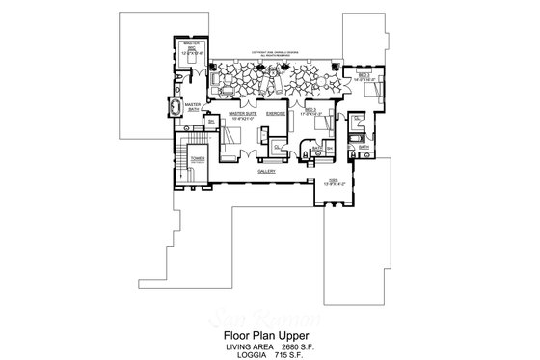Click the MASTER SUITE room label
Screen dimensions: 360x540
[242, 113]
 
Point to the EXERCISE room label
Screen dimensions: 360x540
[277, 113]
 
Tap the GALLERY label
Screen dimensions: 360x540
[267, 171]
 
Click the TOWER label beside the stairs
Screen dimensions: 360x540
[197, 156]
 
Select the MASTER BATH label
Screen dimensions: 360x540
[192, 106]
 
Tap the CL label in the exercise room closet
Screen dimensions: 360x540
[277, 147]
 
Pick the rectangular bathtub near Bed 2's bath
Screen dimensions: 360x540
[354, 143]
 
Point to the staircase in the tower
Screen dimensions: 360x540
[183, 156]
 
